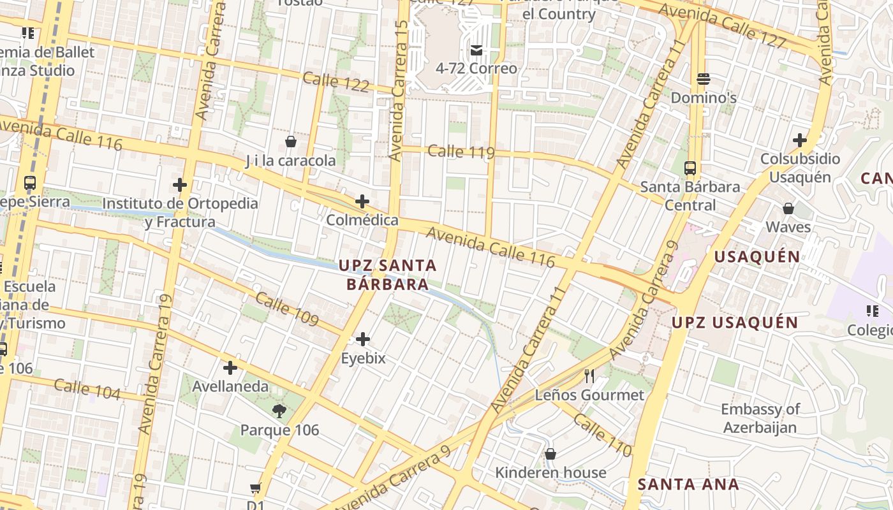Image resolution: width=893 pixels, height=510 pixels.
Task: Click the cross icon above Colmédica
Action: pos(362,201)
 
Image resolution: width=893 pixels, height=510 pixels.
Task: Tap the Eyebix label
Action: pos(363,358)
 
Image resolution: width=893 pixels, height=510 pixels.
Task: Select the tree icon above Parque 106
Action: pos(279,411)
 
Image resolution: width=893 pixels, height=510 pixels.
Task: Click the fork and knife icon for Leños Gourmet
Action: pos(589,376)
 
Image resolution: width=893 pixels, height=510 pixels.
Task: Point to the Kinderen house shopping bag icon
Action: pos(550,454)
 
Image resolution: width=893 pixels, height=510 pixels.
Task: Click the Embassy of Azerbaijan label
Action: pos(760,418)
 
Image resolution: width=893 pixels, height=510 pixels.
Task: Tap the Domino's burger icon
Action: pos(704,79)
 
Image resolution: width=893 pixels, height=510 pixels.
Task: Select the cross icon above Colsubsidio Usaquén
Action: pos(800,140)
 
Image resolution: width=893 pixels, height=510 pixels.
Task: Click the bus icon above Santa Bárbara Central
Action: pos(690,168)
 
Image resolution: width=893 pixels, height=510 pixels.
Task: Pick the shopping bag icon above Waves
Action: pos(788,208)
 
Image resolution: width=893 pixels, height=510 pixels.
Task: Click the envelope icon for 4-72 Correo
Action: pos(476,50)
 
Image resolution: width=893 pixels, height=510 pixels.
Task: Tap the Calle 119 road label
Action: pos(461,152)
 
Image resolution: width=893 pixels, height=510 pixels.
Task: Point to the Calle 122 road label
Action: pos(336,82)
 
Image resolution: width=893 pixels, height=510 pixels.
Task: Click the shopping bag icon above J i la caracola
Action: pos(291,142)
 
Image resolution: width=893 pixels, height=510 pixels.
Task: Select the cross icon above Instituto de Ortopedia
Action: pos(180,185)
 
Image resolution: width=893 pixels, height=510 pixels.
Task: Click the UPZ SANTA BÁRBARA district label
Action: pos(388,275)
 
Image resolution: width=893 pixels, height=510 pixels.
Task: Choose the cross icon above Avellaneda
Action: pos(230,368)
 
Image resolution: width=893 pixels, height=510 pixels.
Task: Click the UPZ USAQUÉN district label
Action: pos(735,323)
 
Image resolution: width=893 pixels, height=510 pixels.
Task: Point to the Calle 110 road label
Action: pos(602,435)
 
